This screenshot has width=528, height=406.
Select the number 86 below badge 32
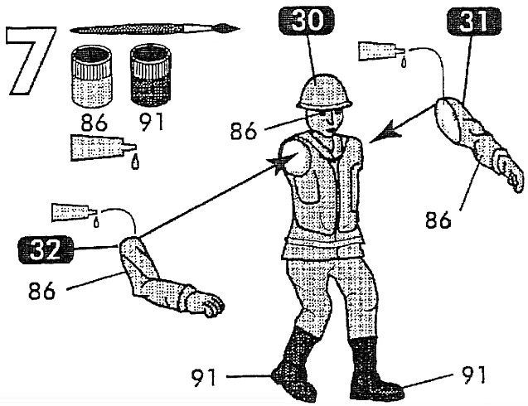pyautogui.click(x=47, y=292)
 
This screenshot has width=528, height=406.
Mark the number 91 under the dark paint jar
pyautogui.click(x=152, y=125)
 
